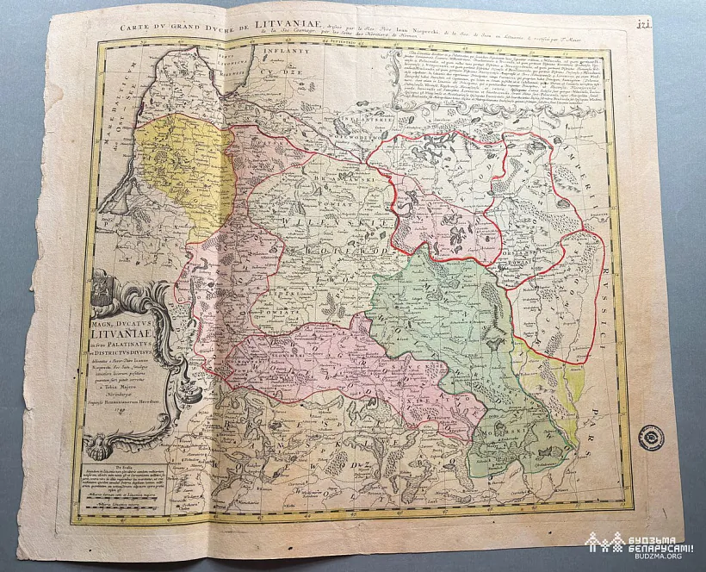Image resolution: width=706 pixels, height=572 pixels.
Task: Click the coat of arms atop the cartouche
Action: tap(103, 289)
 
